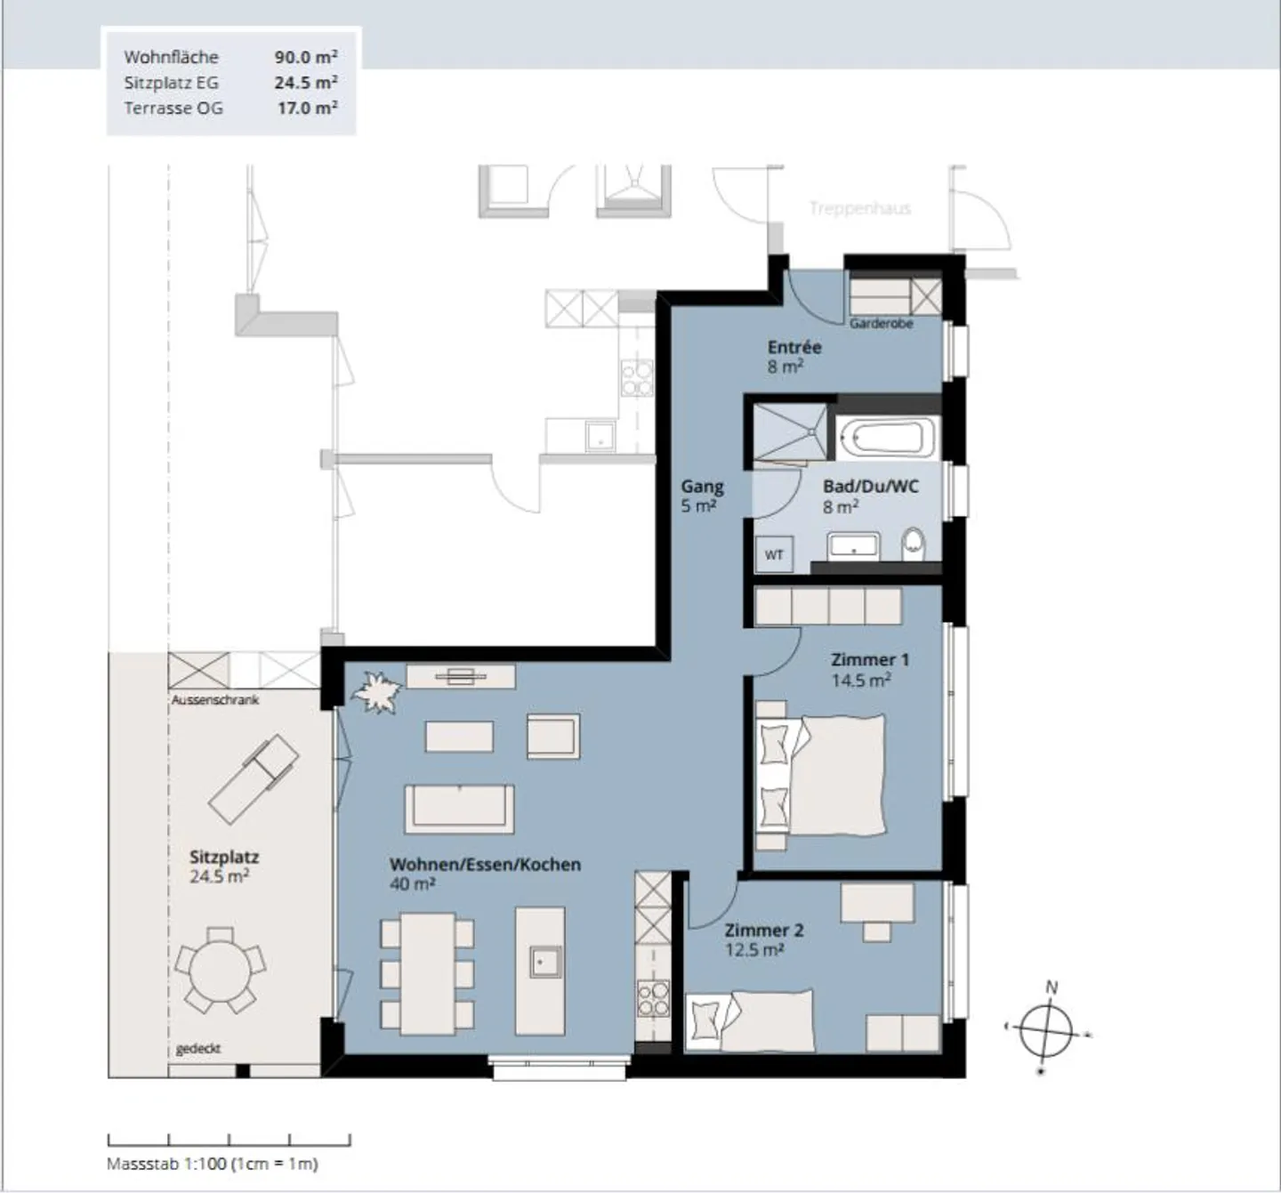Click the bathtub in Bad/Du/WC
(888, 438)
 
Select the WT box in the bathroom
(774, 555)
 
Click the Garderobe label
(881, 323)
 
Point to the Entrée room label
(794, 347)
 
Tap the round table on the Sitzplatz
(220, 970)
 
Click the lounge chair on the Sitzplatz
(254, 778)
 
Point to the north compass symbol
(1046, 1031)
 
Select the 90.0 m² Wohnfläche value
(306, 57)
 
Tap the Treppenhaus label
(860, 208)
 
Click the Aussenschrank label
(214, 699)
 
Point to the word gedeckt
(198, 1049)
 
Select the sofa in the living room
(459, 809)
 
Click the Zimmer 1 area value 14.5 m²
(861, 680)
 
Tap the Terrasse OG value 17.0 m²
(307, 108)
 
